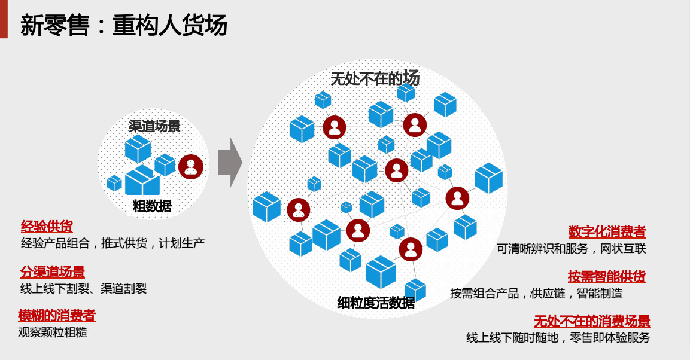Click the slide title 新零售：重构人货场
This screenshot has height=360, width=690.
[x=124, y=26]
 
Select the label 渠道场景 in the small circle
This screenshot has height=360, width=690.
[x=154, y=126]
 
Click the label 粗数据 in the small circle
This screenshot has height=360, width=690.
[x=152, y=206]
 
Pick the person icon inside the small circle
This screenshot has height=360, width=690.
[x=191, y=167]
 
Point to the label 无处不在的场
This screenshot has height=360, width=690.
[x=375, y=78]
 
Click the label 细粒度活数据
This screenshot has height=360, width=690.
[x=376, y=303]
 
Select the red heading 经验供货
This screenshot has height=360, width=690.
[x=47, y=227]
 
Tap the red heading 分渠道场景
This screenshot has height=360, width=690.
[x=53, y=272]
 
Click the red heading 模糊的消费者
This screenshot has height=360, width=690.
[x=57, y=315]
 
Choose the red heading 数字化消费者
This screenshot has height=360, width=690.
[x=607, y=231]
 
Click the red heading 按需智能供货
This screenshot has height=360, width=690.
[x=606, y=277]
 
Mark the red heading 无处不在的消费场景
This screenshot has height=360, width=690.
[x=592, y=321]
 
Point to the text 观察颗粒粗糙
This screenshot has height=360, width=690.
[x=53, y=332]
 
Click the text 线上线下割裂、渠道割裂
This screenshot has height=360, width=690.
[x=83, y=289]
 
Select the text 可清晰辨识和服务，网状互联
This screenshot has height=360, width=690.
[x=572, y=248]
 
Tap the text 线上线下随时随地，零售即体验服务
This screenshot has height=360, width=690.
[x=558, y=338]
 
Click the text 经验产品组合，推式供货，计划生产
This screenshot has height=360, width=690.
[x=113, y=243]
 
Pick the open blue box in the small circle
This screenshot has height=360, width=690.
[x=141, y=181]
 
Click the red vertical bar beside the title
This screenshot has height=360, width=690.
[x=4, y=19]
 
